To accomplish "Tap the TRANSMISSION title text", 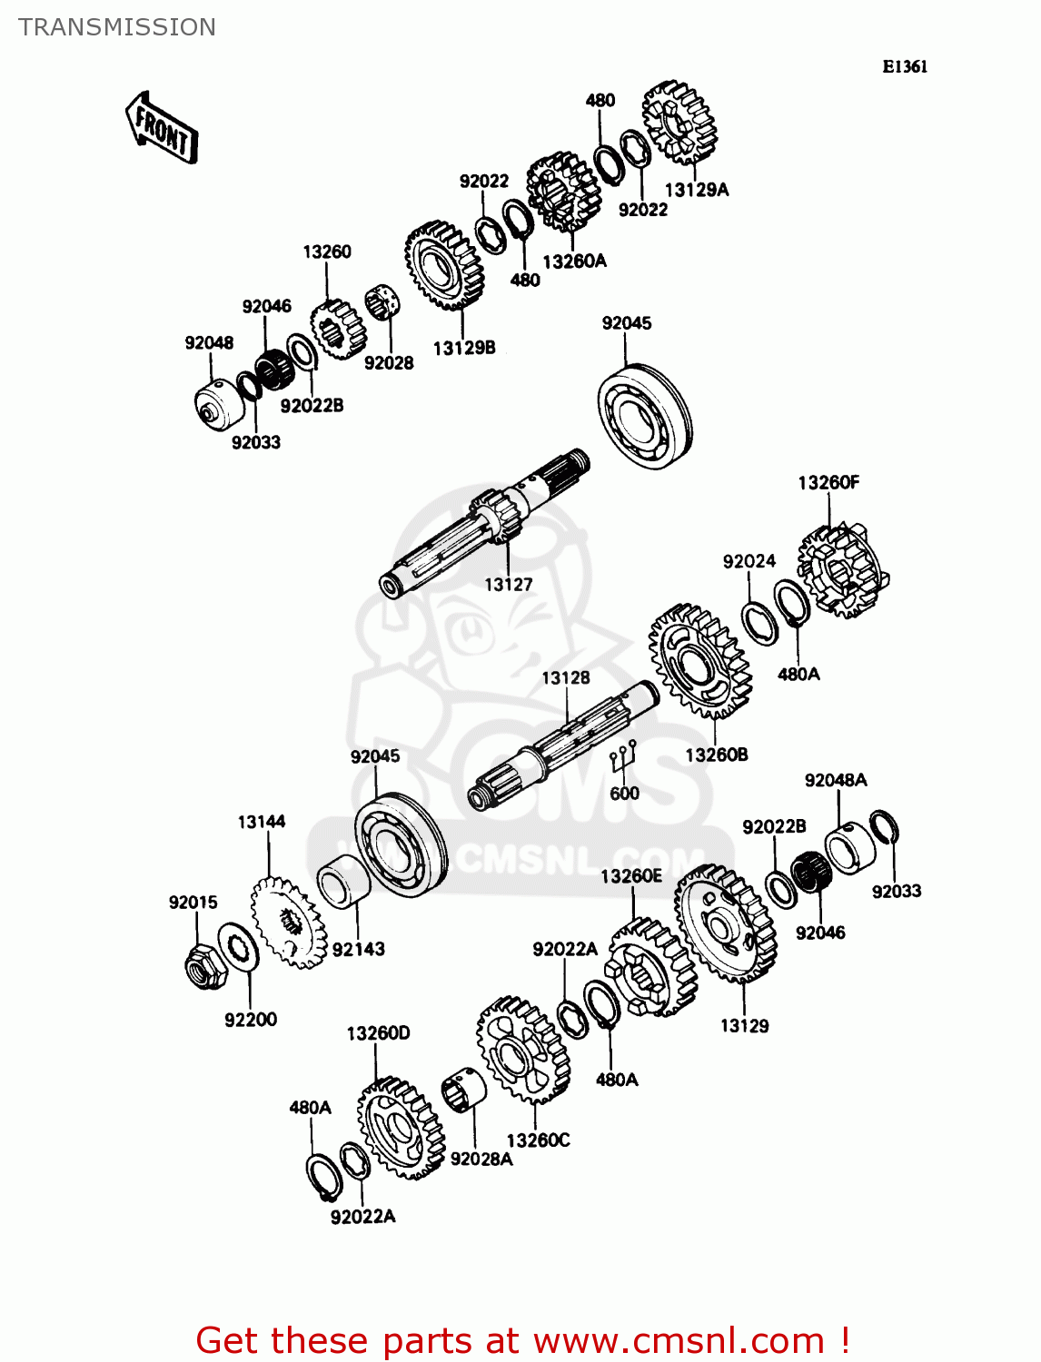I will point(117,27).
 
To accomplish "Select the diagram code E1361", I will point(905,66).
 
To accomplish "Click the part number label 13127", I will point(508,585).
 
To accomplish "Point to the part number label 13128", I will point(565,678).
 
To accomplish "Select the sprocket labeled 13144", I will point(287,921).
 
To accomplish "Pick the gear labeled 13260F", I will point(842,570).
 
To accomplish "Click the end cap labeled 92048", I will point(219,404).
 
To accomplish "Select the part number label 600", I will point(624,794).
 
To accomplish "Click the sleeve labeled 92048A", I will point(850,846).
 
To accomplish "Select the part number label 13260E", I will point(630,876).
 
